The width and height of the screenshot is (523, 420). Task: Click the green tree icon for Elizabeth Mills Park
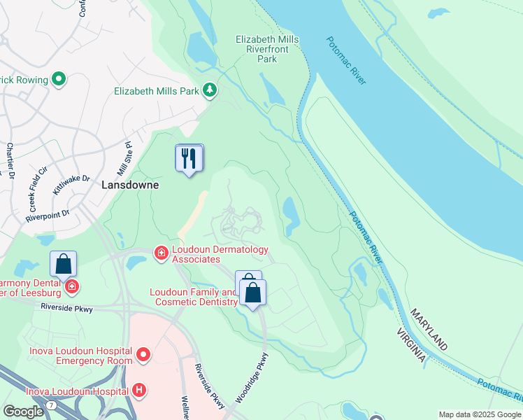(x=209, y=90)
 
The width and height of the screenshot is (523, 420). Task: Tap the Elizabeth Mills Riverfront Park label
(x=266, y=49)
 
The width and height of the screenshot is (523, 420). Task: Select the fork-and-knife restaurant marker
(x=189, y=158)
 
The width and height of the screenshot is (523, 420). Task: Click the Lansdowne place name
(x=130, y=185)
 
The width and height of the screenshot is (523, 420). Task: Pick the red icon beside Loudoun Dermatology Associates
(x=161, y=252)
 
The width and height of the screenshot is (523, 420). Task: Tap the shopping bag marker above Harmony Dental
(x=63, y=265)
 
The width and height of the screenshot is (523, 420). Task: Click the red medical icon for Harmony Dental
(x=71, y=286)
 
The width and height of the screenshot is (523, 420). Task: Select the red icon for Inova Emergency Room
(x=143, y=355)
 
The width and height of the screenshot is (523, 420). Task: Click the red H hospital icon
(x=139, y=390)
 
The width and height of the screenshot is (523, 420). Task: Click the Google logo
(x=23, y=412)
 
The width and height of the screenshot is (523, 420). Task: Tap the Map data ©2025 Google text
(x=480, y=414)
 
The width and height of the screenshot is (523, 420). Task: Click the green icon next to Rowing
(x=59, y=80)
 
